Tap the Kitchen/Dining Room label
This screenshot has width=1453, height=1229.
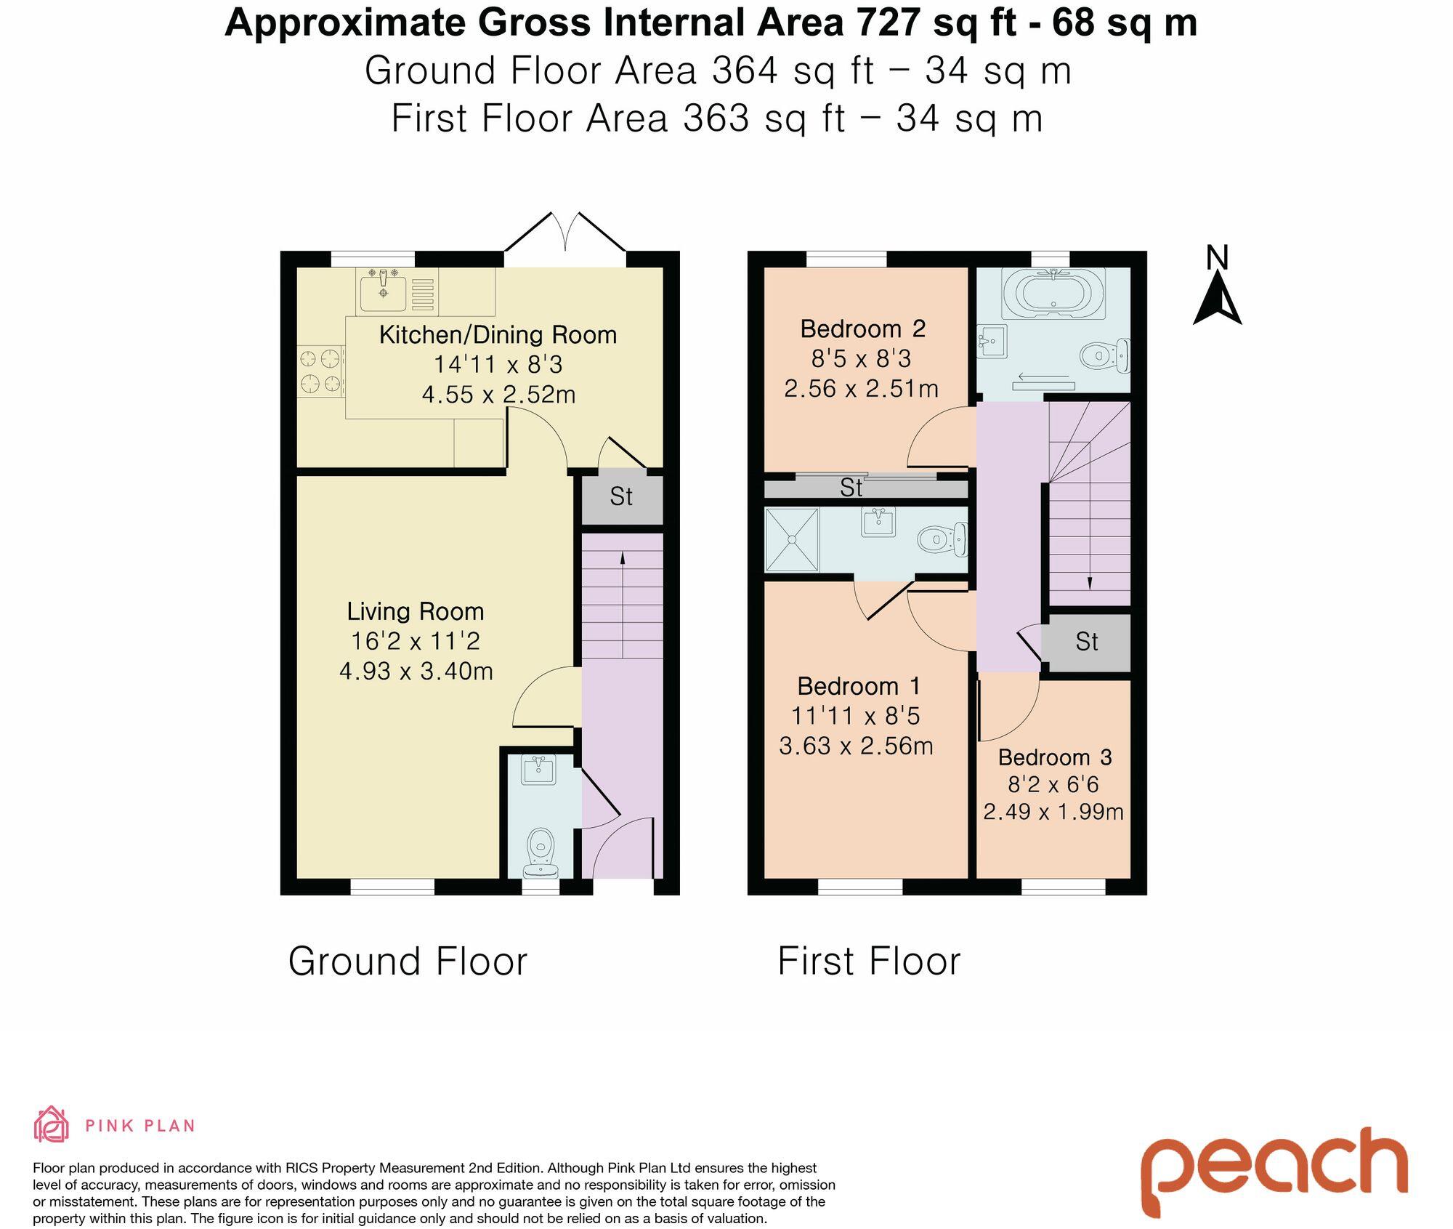tap(498, 334)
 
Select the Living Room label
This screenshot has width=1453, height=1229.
tap(416, 611)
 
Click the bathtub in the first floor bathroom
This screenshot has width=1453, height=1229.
tap(1053, 293)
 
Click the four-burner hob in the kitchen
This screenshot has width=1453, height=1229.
tap(321, 371)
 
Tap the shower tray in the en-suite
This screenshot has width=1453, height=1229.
tap(792, 540)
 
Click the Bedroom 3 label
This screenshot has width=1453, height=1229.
tap(1055, 757)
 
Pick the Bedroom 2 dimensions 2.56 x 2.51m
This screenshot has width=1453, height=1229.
tap(861, 389)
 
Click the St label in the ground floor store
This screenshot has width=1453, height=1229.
tap(621, 496)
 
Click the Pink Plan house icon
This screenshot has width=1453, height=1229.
tap(51, 1125)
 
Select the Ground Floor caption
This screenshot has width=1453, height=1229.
tap(408, 962)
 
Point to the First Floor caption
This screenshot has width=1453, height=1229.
tap(869, 962)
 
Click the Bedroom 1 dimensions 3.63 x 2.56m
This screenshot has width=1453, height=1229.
tap(856, 746)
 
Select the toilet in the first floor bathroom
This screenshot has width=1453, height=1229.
tap(1105, 355)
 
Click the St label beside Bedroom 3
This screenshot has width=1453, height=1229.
tap(1087, 642)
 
